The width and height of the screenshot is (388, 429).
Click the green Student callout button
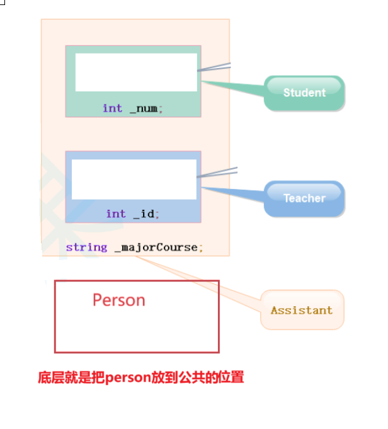[304, 93]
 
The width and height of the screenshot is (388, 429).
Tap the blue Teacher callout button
[304, 198]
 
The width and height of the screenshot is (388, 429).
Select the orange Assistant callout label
[302, 310]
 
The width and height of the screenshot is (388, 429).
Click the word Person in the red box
[118, 300]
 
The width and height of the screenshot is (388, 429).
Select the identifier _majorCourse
[156, 248]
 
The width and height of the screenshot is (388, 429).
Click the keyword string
[86, 248]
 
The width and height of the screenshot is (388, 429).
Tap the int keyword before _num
[112, 108]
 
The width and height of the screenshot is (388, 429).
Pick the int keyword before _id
[116, 214]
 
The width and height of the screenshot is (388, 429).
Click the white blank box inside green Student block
[136, 72]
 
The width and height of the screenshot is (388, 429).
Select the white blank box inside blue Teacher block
[134, 179]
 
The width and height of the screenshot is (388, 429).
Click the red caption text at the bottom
[140, 378]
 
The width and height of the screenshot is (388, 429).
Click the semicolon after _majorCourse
[201, 248]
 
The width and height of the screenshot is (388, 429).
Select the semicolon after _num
[161, 109]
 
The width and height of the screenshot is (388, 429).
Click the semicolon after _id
[157, 215]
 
